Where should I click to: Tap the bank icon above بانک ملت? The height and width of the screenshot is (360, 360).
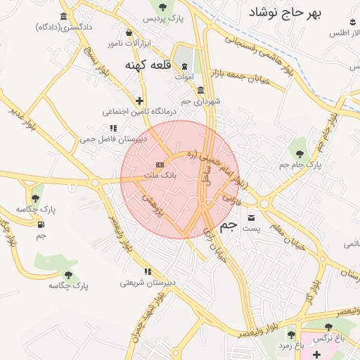click(x=160, y=165)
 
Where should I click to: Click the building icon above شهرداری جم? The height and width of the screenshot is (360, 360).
click(x=201, y=90)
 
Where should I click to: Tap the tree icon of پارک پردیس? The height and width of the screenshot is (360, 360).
click(x=163, y=7)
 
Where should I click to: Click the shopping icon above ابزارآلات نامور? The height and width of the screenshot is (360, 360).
click(x=128, y=33)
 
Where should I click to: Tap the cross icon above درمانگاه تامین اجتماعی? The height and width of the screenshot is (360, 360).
click(x=139, y=101)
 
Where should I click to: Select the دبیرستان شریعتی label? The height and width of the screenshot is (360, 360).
click(x=146, y=283)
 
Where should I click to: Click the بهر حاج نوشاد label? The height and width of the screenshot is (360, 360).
click(x=288, y=13)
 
